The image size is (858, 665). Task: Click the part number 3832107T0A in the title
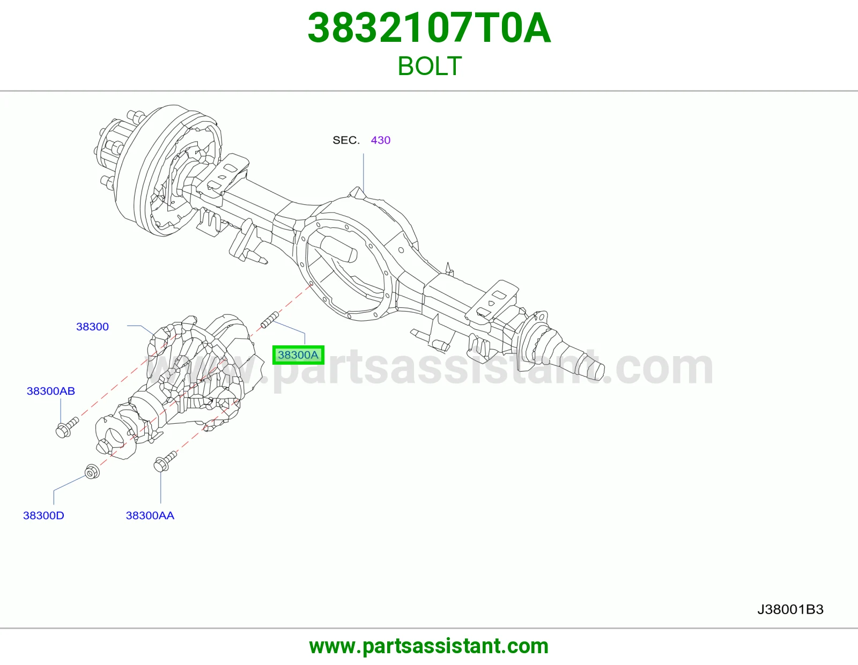pos(429,28)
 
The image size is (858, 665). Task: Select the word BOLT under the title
pos(429,66)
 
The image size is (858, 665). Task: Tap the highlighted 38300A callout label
pos(298,354)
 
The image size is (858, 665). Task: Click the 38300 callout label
pos(92,327)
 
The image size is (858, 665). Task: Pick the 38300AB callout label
pos(50,391)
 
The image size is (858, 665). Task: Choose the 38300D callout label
pos(43,515)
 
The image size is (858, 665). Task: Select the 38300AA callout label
pos(150,515)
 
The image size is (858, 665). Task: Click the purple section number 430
pos(380,140)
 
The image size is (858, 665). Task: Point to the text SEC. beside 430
pos(346,140)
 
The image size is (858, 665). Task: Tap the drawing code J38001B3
pos(790,609)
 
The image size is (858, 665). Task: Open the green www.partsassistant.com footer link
pos(429,646)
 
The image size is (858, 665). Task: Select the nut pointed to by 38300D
pos(92,471)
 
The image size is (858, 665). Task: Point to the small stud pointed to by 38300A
pos(270,320)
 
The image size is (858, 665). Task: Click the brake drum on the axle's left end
pos(158,170)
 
